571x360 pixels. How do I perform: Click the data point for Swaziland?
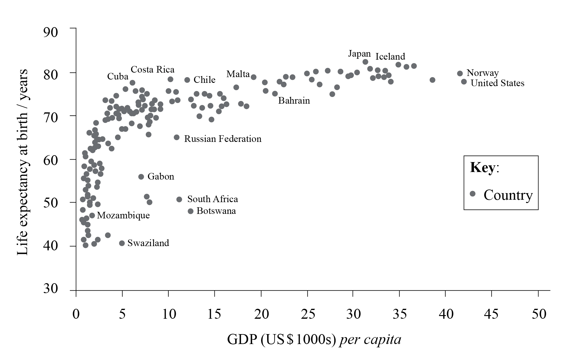[122, 243]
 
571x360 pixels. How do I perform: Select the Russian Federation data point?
[177, 137]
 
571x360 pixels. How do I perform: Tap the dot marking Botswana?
[191, 211]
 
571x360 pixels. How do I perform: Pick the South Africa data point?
[179, 199]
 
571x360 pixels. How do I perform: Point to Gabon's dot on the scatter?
[141, 177]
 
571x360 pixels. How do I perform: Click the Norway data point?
[460, 74]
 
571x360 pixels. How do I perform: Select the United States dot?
[464, 82]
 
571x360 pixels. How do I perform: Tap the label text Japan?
[359, 54]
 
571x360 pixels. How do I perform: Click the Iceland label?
[390, 57]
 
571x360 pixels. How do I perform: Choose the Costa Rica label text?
[152, 70]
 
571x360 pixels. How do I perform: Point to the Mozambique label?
[123, 215]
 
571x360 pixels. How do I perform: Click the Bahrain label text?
[294, 101]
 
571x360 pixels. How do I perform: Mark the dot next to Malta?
[254, 77]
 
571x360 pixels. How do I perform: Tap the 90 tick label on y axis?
[50, 32]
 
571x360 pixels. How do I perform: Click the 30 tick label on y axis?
[50, 288]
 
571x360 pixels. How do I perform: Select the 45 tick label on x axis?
[491, 314]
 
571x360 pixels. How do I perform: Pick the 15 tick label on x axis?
[214, 314]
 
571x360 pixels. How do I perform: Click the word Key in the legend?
[482, 167]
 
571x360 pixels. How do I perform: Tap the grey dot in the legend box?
[473, 194]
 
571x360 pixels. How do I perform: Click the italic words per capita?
[370, 340]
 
